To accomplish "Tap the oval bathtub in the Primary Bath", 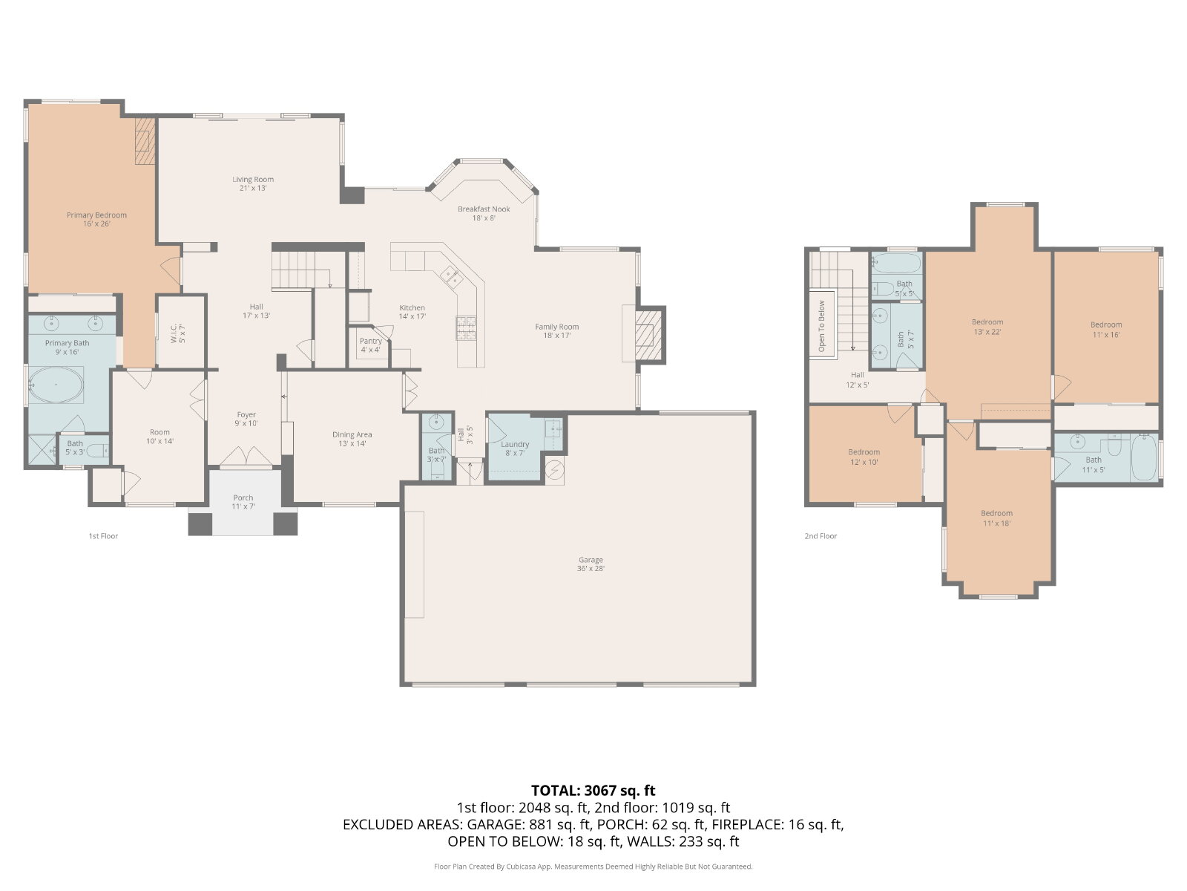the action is (x=56, y=385).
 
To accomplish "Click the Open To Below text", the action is (x=822, y=326).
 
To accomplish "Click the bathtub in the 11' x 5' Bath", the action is (x=1144, y=457).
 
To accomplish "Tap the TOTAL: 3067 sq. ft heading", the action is (x=593, y=790).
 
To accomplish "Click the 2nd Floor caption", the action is (x=821, y=536).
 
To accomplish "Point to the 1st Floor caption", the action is (x=103, y=536).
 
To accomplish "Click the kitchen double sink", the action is (x=452, y=277).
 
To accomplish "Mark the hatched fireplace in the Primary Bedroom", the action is (x=145, y=141).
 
